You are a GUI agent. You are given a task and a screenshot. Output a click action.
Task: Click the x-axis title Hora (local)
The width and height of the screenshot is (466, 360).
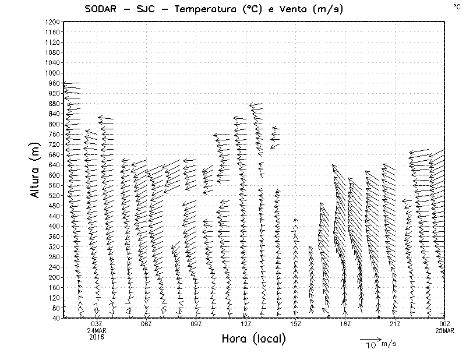click(253, 338)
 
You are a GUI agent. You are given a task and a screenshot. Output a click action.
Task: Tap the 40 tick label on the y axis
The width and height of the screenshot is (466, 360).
click(56, 317)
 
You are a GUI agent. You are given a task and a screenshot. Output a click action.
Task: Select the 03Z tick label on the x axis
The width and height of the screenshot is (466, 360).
click(97, 324)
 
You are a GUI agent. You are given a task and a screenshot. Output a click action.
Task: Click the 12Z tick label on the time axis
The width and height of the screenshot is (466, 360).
click(246, 324)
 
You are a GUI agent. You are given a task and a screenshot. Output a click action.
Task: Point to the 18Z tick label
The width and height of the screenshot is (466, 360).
click(345, 324)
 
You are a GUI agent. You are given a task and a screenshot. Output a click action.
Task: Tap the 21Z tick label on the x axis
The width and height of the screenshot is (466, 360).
click(395, 324)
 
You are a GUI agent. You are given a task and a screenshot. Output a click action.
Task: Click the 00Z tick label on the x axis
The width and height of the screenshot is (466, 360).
click(444, 324)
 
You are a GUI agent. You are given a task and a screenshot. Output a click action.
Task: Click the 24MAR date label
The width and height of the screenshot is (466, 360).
click(97, 330)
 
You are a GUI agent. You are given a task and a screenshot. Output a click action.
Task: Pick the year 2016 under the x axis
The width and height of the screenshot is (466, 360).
click(97, 337)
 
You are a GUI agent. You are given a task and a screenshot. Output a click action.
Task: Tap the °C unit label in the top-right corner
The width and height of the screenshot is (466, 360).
click(456, 6)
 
